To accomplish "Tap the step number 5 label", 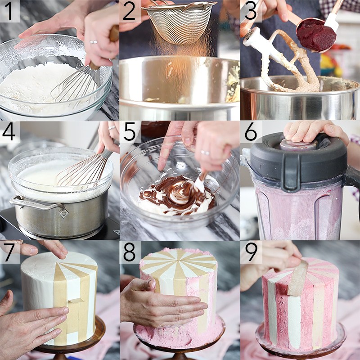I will [x=130, y=132].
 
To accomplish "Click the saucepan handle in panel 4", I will [x=38, y=205].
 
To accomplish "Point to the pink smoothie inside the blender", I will [x=292, y=211].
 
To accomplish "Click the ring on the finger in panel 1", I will [x=94, y=42].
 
